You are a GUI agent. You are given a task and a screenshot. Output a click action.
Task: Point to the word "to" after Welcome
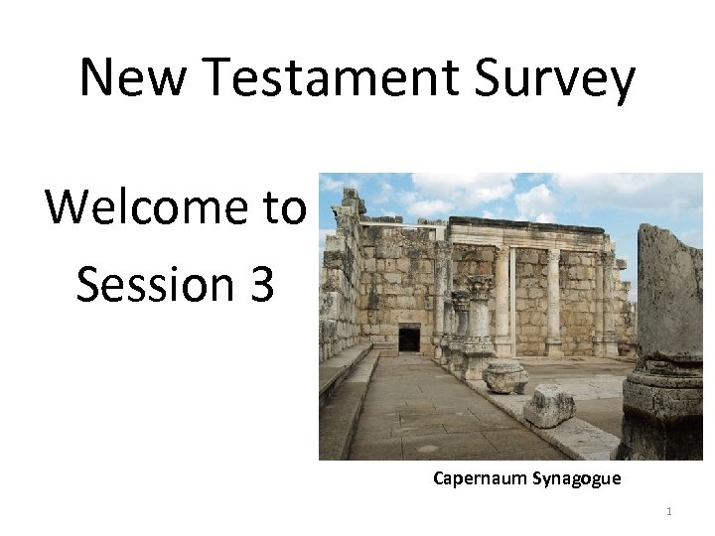click(285, 207)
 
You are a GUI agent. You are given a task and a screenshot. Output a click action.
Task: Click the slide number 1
click(669, 512)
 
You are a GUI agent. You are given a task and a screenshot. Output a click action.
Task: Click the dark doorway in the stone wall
click(408, 338)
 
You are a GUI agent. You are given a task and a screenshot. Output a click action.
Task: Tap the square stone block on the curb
click(548, 405)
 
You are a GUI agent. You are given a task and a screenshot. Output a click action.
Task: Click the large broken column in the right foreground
click(669, 298)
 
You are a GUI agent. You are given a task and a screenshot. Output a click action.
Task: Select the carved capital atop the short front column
click(479, 289)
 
